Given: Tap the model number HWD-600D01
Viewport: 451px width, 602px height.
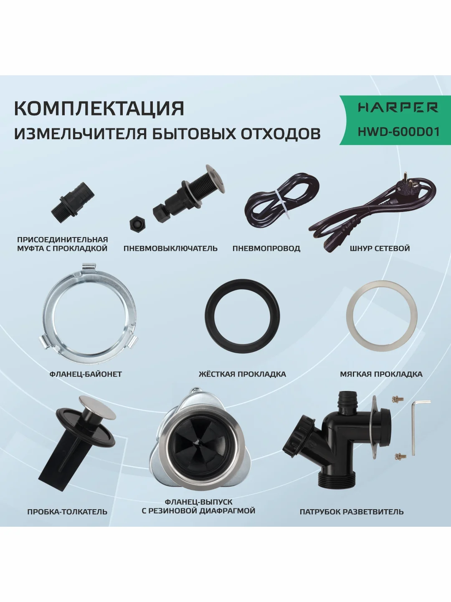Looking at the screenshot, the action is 398,131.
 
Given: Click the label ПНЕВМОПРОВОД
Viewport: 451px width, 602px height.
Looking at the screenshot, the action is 266,248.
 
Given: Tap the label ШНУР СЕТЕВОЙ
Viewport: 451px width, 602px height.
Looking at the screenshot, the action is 380,248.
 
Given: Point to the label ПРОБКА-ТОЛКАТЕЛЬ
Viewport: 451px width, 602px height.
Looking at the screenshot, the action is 67,512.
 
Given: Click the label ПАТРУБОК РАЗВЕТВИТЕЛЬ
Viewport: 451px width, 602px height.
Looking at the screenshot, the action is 352,512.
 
